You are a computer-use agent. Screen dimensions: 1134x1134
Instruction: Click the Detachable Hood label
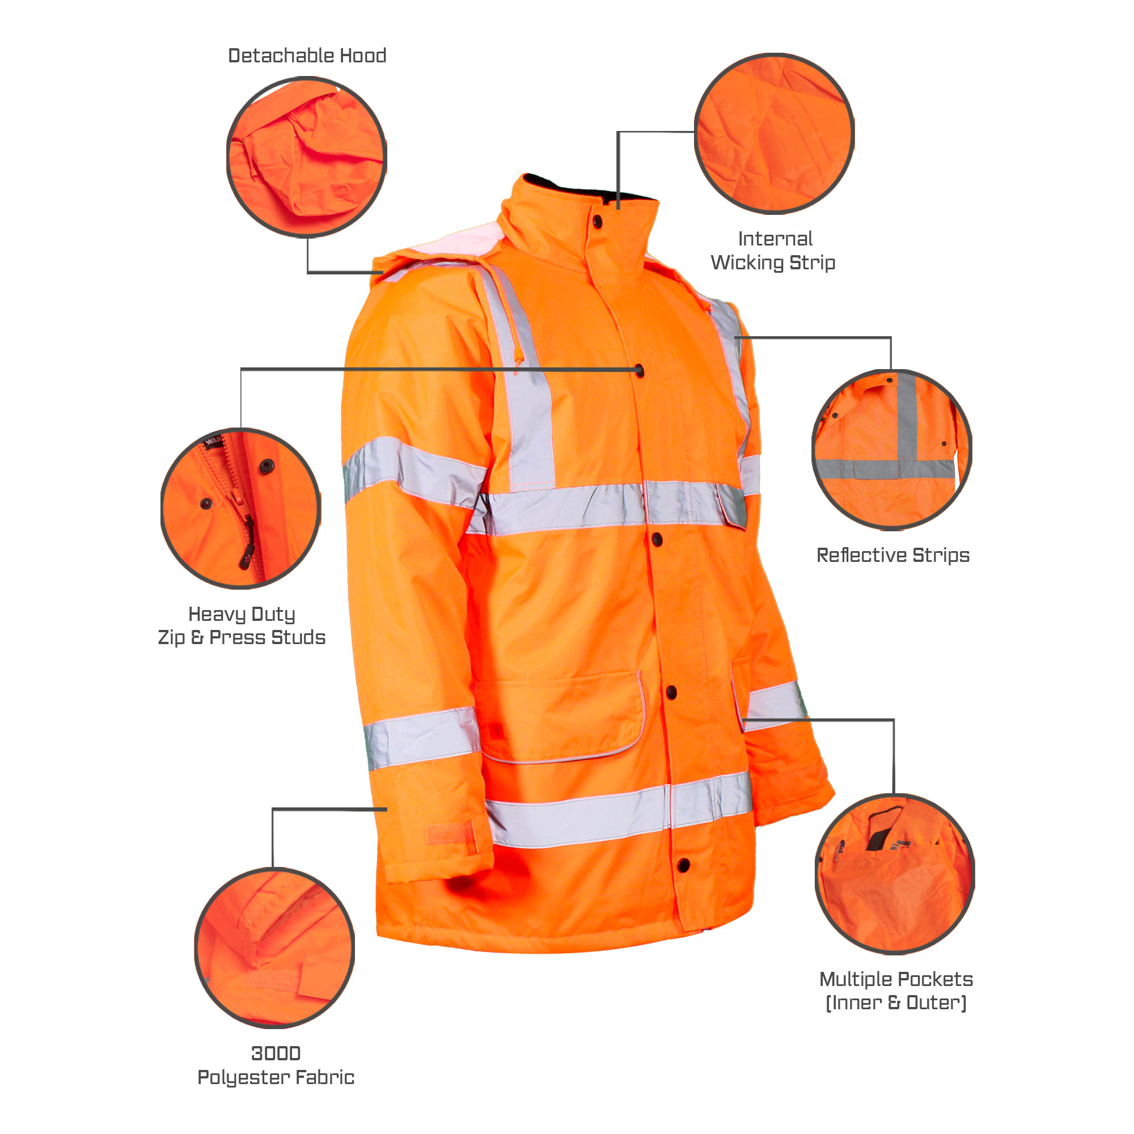coord(307,56)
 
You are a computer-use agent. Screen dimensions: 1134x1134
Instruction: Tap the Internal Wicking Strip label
coord(773,251)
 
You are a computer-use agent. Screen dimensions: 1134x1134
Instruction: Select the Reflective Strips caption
coord(893,555)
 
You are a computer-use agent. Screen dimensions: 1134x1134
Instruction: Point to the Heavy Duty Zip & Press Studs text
coord(241,626)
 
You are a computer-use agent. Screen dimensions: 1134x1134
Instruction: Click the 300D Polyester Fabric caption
coord(276,1065)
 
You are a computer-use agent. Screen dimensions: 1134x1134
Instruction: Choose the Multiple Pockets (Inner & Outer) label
coord(896,991)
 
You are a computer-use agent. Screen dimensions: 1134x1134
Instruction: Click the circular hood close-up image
coord(306,156)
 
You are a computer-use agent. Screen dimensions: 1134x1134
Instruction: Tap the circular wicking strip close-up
coord(774,133)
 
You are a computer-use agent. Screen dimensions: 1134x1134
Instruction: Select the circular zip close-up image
coord(240,507)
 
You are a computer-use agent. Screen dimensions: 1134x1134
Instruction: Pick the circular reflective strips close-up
coord(891,449)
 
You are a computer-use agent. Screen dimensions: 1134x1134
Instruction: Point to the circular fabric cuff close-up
coord(274,947)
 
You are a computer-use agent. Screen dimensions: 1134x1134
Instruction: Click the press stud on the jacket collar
coord(598,222)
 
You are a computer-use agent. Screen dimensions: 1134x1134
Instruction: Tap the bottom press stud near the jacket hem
coord(683,865)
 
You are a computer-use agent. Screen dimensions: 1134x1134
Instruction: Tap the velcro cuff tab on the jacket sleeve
coord(450,833)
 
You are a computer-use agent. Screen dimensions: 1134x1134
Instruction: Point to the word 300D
coord(276,1053)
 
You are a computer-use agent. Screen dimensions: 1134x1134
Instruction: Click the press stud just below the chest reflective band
coord(657,539)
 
